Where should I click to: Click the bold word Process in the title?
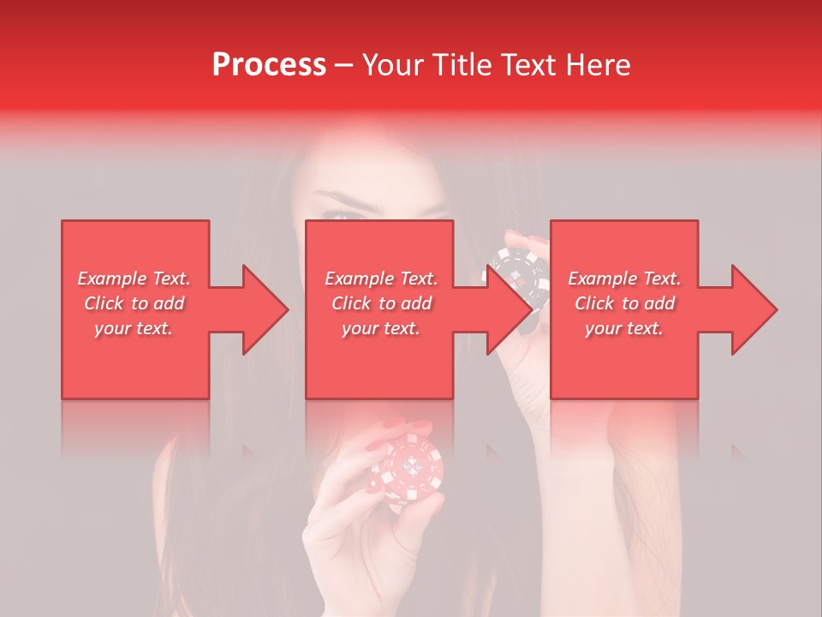coord(269,65)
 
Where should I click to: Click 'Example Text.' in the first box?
coord(134,279)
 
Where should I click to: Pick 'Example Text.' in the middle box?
coord(381,279)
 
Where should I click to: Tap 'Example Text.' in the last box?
coord(624,279)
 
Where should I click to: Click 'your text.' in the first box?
coord(134,328)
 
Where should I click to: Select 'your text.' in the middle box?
coord(381,328)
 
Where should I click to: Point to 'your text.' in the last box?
coord(624,328)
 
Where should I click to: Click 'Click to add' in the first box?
coord(134,303)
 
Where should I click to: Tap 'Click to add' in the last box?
coord(624,303)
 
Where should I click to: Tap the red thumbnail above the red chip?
coord(393,424)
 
